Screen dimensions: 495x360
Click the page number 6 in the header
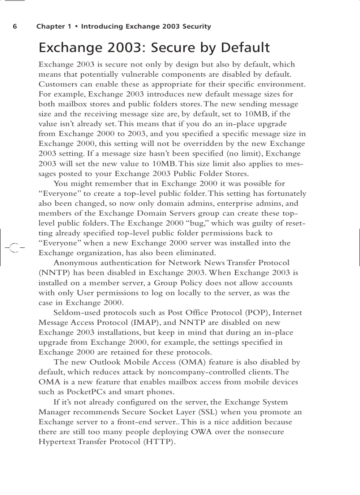tap(15, 26)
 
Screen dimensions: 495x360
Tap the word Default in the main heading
tap(245, 48)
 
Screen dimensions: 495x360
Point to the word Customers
tap(58, 84)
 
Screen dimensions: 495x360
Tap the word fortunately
tap(283, 194)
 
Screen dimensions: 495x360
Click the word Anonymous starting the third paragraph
tap(73, 263)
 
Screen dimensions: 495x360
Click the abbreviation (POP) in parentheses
tap(255, 313)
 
